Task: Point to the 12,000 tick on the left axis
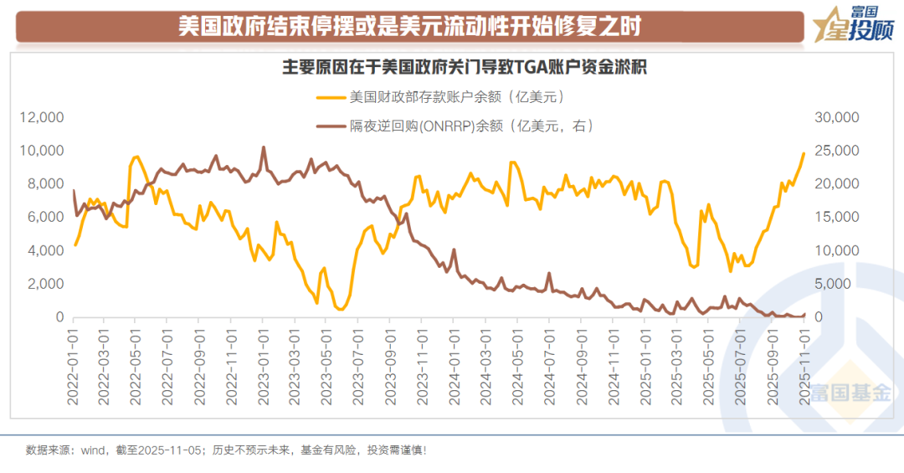click(x=42, y=117)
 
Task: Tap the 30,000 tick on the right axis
click(x=837, y=117)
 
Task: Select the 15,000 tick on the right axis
click(x=837, y=218)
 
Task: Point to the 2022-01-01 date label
click(x=74, y=367)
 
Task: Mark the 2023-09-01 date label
click(x=389, y=367)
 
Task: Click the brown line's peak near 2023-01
click(x=264, y=147)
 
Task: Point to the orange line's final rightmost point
click(x=804, y=153)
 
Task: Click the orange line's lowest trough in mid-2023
click(x=341, y=309)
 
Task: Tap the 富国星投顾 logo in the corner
click(x=853, y=26)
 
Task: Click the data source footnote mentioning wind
click(x=226, y=450)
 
